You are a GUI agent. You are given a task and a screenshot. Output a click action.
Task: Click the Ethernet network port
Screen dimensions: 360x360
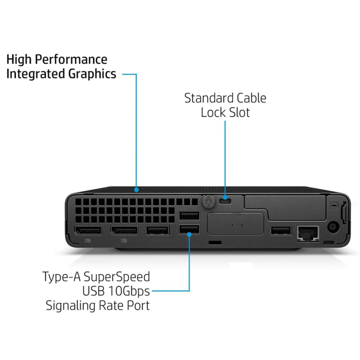tap(308, 233)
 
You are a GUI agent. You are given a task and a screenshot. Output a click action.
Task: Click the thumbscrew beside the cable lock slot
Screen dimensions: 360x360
tap(209, 201)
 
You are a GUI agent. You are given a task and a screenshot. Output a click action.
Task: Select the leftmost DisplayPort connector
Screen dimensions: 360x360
tap(88, 230)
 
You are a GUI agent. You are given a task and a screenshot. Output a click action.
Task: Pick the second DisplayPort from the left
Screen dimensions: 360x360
tap(124, 230)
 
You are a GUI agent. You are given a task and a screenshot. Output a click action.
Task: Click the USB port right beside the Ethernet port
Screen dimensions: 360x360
tap(281, 230)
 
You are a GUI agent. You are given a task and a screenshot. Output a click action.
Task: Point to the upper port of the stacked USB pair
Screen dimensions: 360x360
tap(189, 216)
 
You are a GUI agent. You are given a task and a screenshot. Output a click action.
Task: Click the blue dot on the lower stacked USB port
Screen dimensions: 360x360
tap(189, 234)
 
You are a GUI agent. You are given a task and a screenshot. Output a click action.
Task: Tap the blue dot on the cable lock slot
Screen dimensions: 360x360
tap(225, 197)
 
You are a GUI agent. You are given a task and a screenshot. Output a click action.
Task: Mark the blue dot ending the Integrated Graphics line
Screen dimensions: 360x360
tap(136, 190)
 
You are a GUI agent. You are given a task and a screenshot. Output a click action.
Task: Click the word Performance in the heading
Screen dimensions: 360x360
tap(71, 59)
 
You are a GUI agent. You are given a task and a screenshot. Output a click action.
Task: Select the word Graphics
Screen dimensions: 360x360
tap(92, 74)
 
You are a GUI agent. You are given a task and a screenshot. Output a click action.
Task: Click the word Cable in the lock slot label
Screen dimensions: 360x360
tap(251, 98)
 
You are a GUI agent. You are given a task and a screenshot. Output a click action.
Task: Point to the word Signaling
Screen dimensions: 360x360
tap(71, 306)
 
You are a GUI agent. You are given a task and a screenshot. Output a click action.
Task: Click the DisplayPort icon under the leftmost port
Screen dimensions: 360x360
tap(87, 240)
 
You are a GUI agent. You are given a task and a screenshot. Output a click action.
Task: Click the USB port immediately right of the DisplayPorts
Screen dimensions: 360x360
tap(158, 230)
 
